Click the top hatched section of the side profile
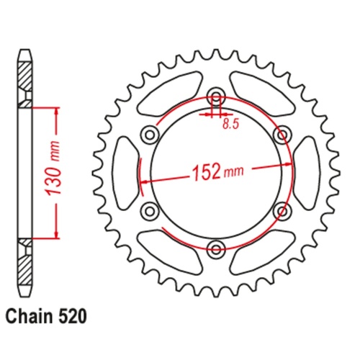[x=24, y=76]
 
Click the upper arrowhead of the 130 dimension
[x=54, y=111]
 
